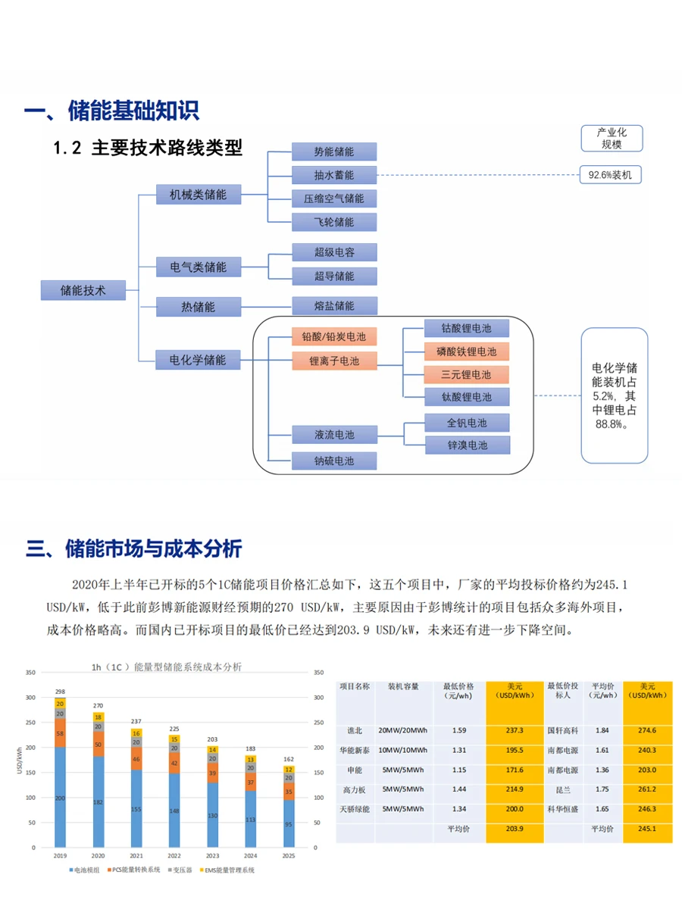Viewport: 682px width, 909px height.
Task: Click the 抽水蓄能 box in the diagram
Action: tap(334, 175)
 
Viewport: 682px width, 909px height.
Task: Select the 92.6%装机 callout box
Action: tap(610, 175)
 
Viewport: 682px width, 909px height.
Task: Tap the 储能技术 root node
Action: tap(83, 289)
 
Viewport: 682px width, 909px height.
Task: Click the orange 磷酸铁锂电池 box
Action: tap(466, 351)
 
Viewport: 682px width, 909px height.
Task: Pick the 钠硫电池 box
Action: tap(334, 461)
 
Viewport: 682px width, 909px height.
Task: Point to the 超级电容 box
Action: tap(334, 252)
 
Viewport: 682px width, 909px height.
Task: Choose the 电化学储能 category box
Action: tap(197, 360)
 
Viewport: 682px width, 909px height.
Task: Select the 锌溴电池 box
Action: tap(467, 445)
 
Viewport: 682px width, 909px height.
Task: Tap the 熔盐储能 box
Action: tap(334, 306)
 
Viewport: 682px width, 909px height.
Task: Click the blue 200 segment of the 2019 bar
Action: tap(60, 798)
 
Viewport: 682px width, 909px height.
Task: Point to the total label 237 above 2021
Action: tap(136, 721)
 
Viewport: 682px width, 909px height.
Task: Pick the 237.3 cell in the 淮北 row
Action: tap(515, 731)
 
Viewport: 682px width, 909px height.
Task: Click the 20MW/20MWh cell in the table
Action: tap(402, 731)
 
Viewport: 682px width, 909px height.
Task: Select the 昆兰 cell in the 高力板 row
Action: tap(562, 789)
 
